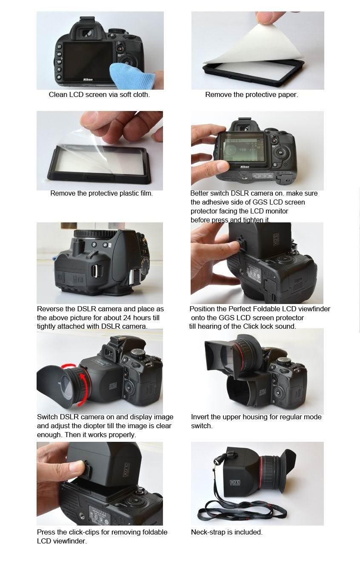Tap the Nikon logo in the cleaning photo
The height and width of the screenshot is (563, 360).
tap(88, 80)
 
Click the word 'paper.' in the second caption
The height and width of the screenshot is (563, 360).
tap(289, 95)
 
